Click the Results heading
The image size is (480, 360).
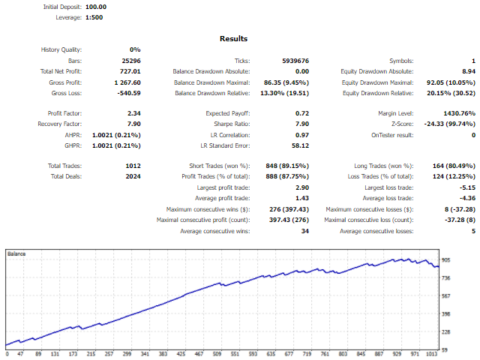pos(233,38)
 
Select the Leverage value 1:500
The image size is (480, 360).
pos(92,17)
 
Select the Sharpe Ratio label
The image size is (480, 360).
pos(232,124)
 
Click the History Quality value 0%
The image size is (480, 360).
pos(134,49)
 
